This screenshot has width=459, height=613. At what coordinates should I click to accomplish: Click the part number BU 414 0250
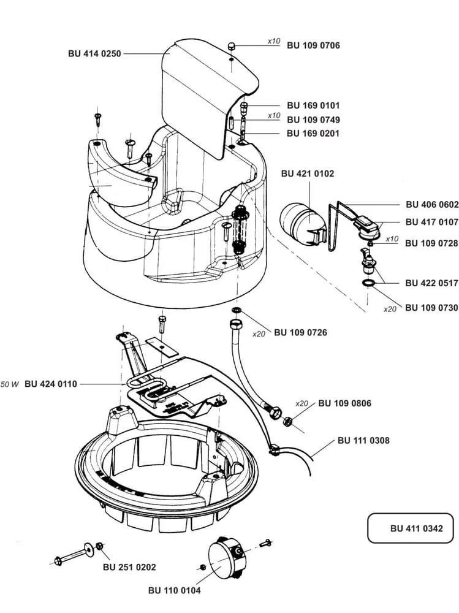click(94, 53)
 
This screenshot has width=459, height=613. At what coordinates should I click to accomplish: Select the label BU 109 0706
click(314, 45)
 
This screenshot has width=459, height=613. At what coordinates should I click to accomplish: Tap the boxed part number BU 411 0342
click(416, 528)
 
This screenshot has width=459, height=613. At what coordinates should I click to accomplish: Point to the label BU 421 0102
click(308, 173)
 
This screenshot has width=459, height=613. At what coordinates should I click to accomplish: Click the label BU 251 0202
click(129, 567)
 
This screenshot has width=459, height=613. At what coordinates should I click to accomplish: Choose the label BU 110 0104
click(175, 590)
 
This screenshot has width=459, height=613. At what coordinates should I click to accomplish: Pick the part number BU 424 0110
click(51, 384)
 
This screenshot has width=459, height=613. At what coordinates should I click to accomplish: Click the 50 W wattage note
click(10, 384)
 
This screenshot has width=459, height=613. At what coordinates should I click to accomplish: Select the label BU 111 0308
click(363, 441)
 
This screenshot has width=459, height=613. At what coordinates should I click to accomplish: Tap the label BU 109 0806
click(345, 403)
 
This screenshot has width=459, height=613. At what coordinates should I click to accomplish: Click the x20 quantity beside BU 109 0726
click(259, 334)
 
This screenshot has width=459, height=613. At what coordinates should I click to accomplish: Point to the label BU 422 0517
click(431, 283)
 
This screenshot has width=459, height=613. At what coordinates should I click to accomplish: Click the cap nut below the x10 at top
click(232, 46)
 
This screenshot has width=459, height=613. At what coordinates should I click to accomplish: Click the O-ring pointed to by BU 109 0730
click(368, 283)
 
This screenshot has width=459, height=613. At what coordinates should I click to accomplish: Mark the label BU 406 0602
click(432, 205)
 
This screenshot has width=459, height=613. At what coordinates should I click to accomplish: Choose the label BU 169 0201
click(313, 133)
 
